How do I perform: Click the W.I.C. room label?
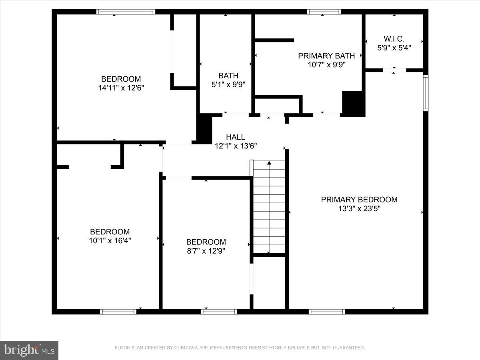pos(394,39)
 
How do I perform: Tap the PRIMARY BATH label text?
pos(326,56)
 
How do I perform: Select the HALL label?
pos(236,137)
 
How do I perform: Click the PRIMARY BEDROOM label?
pos(359,200)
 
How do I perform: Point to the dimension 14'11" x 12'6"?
pos(121,88)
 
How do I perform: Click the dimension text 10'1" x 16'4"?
pos(110,240)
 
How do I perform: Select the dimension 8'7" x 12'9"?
pos(206,251)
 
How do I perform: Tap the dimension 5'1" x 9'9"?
pos(228,84)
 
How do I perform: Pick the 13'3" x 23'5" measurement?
pos(359,208)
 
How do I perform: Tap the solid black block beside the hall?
pos(204,128)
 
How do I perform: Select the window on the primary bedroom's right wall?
pos(426,93)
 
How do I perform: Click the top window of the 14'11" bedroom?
pos(126,12)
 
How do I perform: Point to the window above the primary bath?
pos(324,12)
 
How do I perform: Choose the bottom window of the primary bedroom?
pos(327,312)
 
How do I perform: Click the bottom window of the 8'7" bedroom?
pos(216,312)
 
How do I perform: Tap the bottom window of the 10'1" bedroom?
pos(118,312)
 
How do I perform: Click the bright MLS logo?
pos(29,350)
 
